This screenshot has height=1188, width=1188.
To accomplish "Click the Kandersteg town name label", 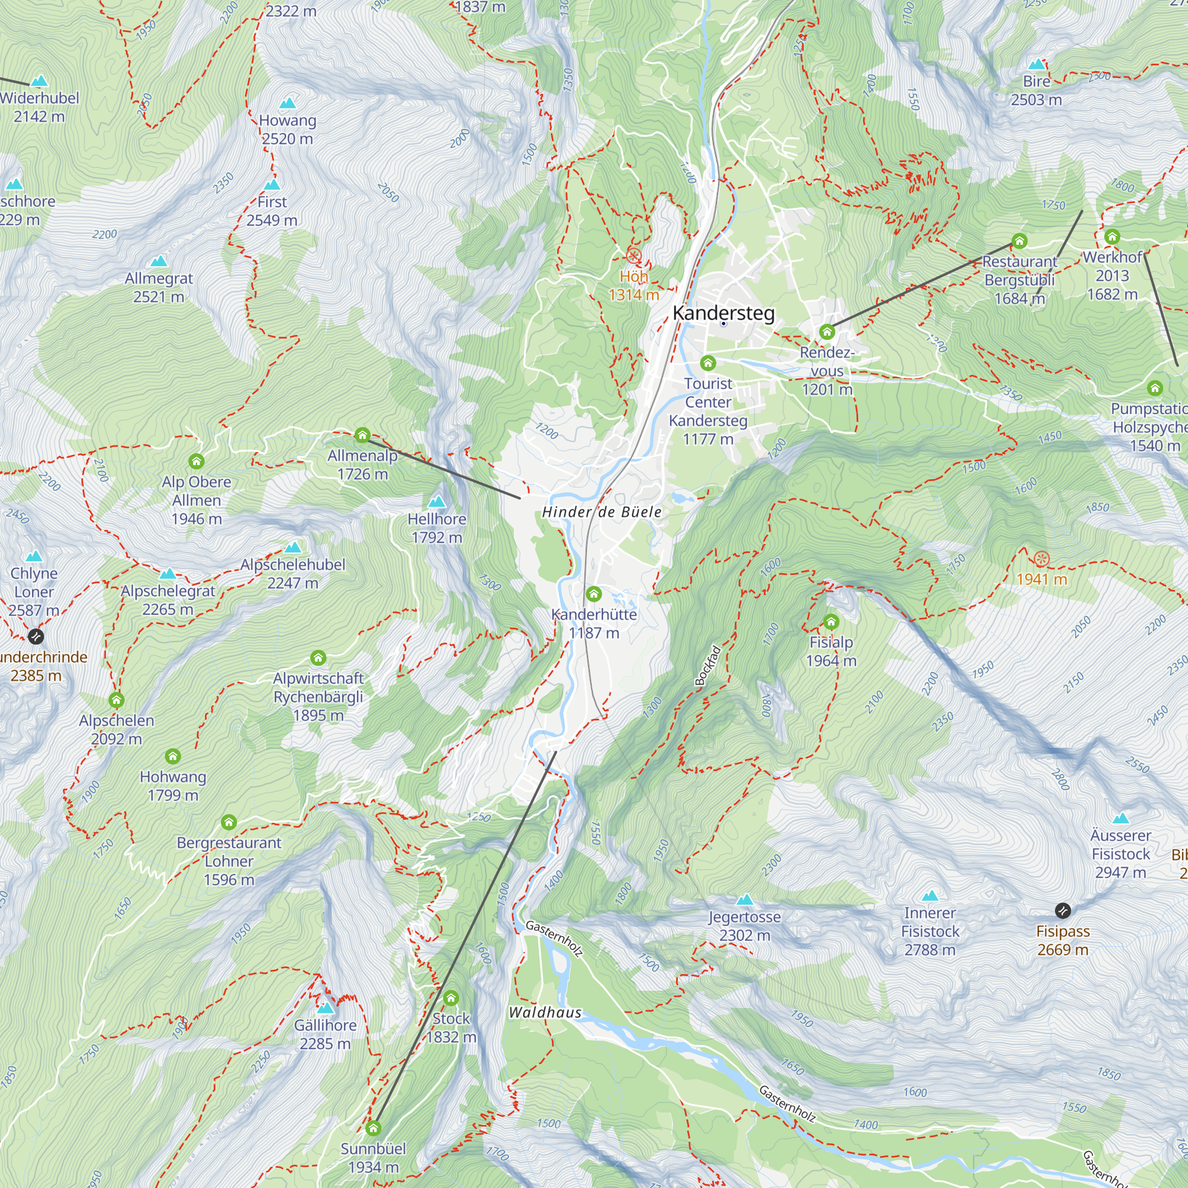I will click(x=723, y=312).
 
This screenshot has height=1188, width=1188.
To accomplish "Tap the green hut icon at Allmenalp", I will click(x=362, y=435).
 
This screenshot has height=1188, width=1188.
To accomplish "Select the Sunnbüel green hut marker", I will click(x=373, y=1129).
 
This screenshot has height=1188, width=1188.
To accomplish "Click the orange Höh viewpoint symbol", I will click(x=634, y=256).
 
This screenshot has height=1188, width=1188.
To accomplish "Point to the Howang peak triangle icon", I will click(x=287, y=103).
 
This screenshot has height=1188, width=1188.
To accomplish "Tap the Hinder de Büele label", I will click(x=601, y=512).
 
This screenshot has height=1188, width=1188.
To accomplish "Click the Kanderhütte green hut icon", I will click(x=593, y=594).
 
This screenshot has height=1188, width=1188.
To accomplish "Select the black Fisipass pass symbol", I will click(x=1063, y=910).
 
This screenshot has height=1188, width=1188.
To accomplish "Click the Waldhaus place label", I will click(x=545, y=1013).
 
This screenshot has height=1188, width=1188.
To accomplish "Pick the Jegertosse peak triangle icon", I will click(x=745, y=899).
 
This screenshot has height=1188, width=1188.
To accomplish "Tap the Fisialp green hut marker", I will click(x=831, y=622).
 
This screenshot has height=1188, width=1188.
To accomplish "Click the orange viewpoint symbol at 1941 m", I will click(x=1041, y=559).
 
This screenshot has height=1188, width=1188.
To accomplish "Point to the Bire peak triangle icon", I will click(x=1037, y=64).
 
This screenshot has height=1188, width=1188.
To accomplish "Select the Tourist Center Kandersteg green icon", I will click(x=708, y=363).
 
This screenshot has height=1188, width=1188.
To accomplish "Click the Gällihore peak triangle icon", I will click(x=326, y=1008).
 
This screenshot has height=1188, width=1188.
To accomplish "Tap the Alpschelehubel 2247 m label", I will click(x=293, y=573).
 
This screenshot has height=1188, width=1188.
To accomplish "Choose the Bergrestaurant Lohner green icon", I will click(x=229, y=822).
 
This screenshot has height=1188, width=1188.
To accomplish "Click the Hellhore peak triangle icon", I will click(x=437, y=502).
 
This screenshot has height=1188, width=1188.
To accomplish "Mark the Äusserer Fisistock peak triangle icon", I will click(x=1120, y=819).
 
